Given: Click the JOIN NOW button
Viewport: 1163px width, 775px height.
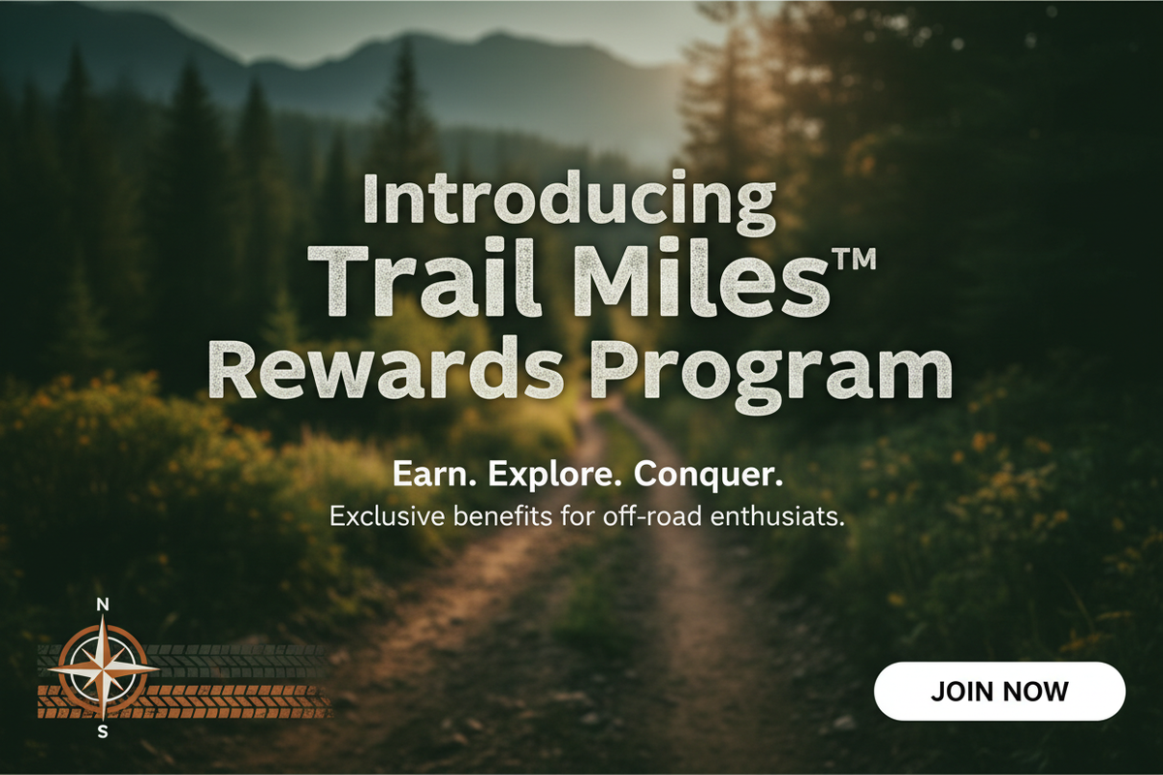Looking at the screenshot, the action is [x=999, y=691].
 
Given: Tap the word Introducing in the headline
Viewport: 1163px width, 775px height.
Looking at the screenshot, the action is [x=570, y=202].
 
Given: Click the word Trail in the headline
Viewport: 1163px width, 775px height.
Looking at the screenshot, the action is [x=424, y=279].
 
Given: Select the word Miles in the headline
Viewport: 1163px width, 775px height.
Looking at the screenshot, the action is [x=703, y=279].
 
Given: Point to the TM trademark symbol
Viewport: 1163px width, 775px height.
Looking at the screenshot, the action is [x=855, y=259].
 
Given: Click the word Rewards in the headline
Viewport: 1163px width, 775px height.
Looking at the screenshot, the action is [x=386, y=367].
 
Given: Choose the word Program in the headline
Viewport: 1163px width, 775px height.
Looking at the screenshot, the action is [x=772, y=375].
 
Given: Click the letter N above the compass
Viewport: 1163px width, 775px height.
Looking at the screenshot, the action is [x=103, y=604].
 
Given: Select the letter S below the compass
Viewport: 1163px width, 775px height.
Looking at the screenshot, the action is [x=103, y=732].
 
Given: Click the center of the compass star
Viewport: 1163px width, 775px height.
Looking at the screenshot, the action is [x=104, y=668].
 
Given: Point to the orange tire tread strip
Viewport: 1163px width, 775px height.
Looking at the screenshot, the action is [x=185, y=701].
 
